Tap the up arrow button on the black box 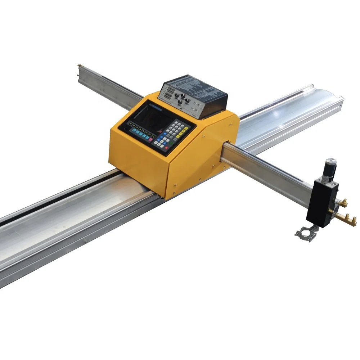[198, 103]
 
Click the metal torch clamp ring [305, 234]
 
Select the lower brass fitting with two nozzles [346, 217]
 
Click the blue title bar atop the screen [155, 107]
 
